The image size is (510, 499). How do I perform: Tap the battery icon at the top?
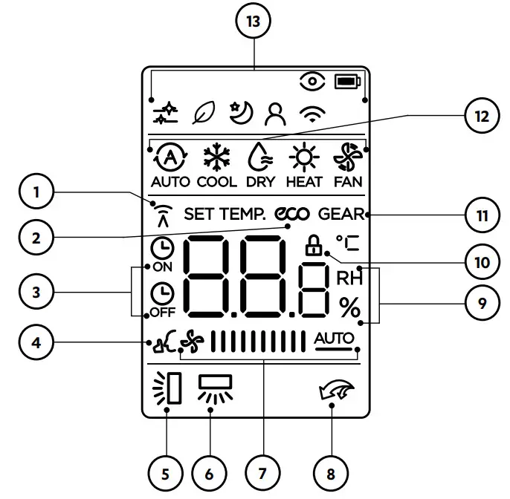(346, 81)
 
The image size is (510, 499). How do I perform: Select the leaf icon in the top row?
(203, 112)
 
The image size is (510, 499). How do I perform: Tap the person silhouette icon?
(278, 112)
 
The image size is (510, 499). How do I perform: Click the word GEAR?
(342, 215)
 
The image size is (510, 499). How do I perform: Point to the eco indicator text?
(291, 215)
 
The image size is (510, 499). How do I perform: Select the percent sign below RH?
(349, 307)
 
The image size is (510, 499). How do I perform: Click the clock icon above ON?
(160, 249)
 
